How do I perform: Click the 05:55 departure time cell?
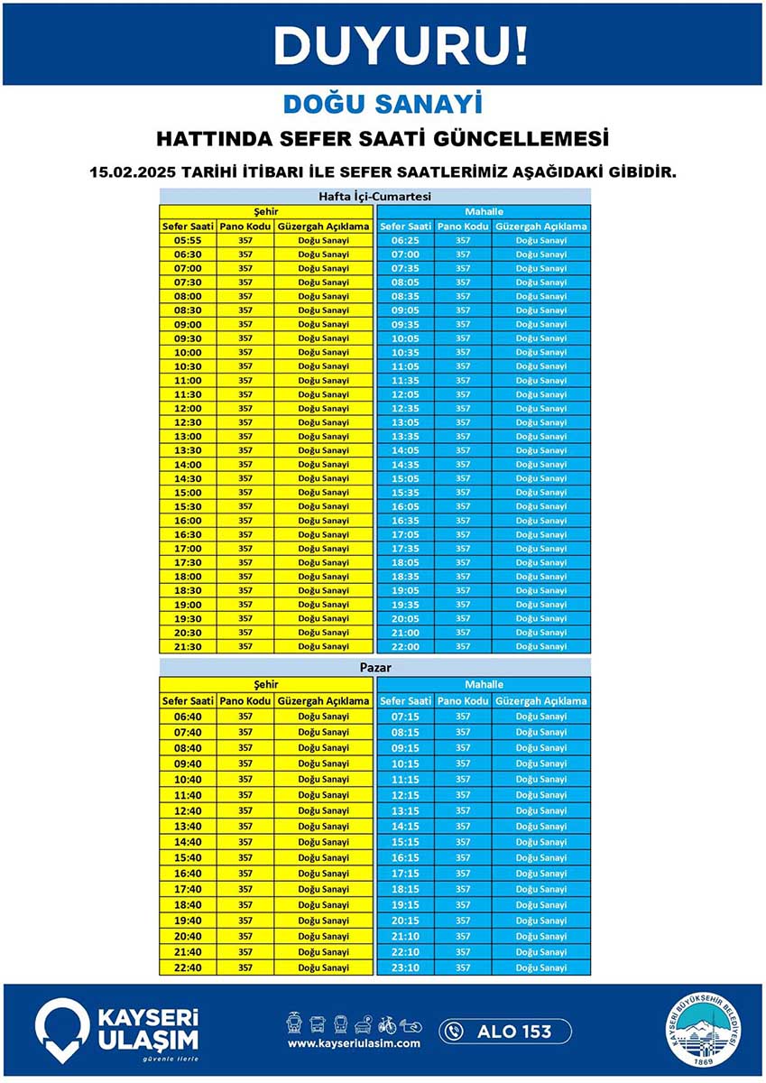[188, 240]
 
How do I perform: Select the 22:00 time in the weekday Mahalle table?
[405, 646]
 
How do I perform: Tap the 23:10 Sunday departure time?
[405, 967]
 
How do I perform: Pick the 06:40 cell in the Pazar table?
[188, 717]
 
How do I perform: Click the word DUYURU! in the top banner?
[401, 44]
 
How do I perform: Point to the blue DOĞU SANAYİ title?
[383, 103]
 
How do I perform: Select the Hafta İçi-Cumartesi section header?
[374, 196]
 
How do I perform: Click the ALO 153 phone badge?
[505, 1031]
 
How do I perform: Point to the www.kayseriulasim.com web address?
[354, 1043]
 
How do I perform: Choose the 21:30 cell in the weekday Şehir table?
[188, 646]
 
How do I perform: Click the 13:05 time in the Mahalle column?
[405, 422]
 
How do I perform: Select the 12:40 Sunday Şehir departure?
[188, 810]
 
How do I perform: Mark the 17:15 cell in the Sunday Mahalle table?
[405, 874]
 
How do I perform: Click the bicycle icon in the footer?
[387, 1024]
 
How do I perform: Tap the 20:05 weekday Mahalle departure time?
[405, 618]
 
